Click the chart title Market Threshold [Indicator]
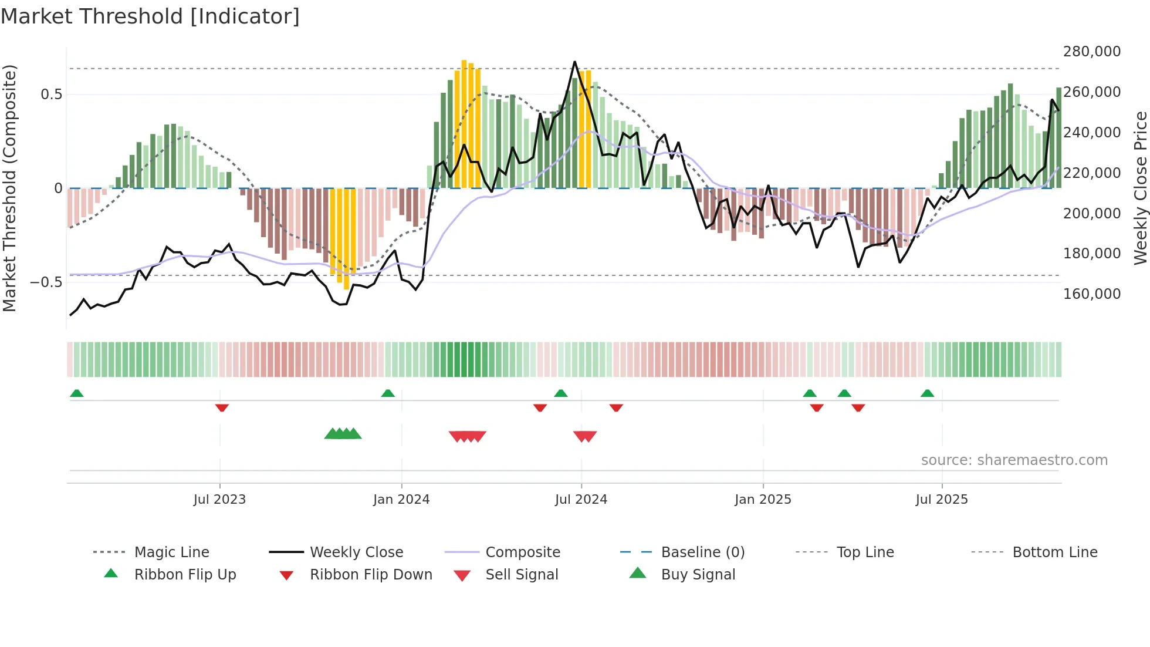point(150,16)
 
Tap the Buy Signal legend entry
point(698,574)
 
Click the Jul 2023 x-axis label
point(219,499)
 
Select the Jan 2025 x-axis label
point(763,499)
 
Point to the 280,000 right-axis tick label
point(1091,52)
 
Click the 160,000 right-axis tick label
point(1091,294)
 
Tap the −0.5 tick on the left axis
point(46,282)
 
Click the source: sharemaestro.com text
point(1014,460)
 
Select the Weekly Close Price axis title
point(1140,188)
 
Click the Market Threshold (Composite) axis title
point(9,188)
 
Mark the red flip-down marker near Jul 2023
point(222,407)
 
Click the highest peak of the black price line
point(574,62)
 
